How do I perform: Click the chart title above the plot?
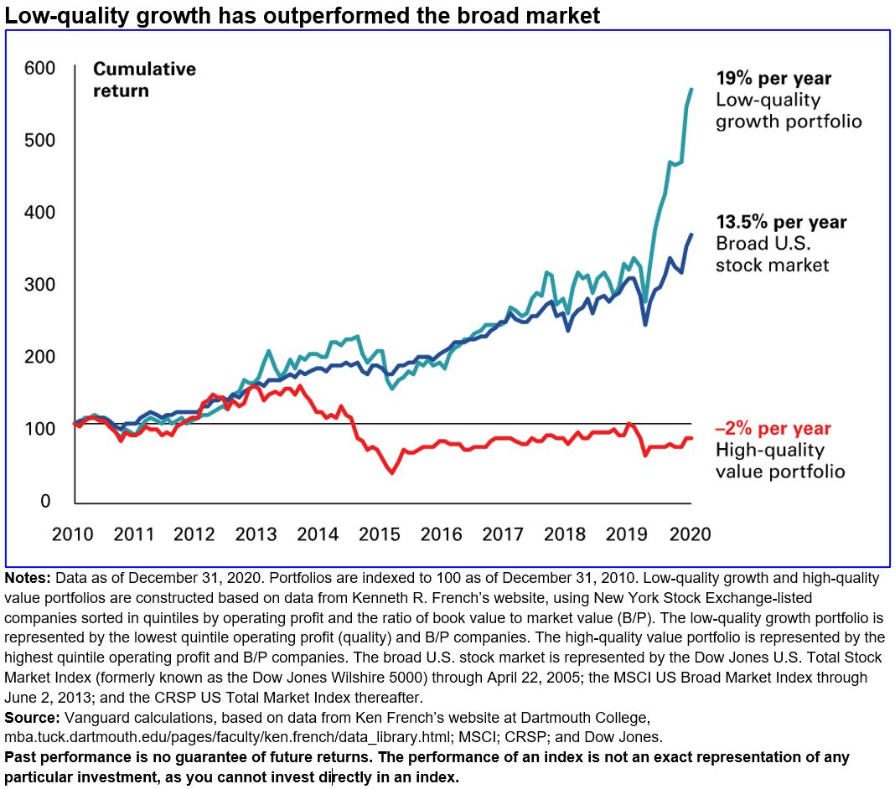[x=303, y=15]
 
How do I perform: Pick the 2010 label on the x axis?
[x=72, y=534]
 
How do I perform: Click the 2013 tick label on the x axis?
[x=256, y=534]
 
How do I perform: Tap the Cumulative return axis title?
[x=143, y=80]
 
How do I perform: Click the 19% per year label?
[x=773, y=79]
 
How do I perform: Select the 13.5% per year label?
[x=781, y=223]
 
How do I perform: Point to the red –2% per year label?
[x=773, y=429]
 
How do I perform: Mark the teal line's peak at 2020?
[x=691, y=88]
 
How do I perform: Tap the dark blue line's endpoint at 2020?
[x=691, y=235]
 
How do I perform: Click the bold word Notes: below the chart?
[x=28, y=579]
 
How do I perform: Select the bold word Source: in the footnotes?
[x=31, y=718]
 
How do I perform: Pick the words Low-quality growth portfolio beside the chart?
[x=788, y=111]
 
